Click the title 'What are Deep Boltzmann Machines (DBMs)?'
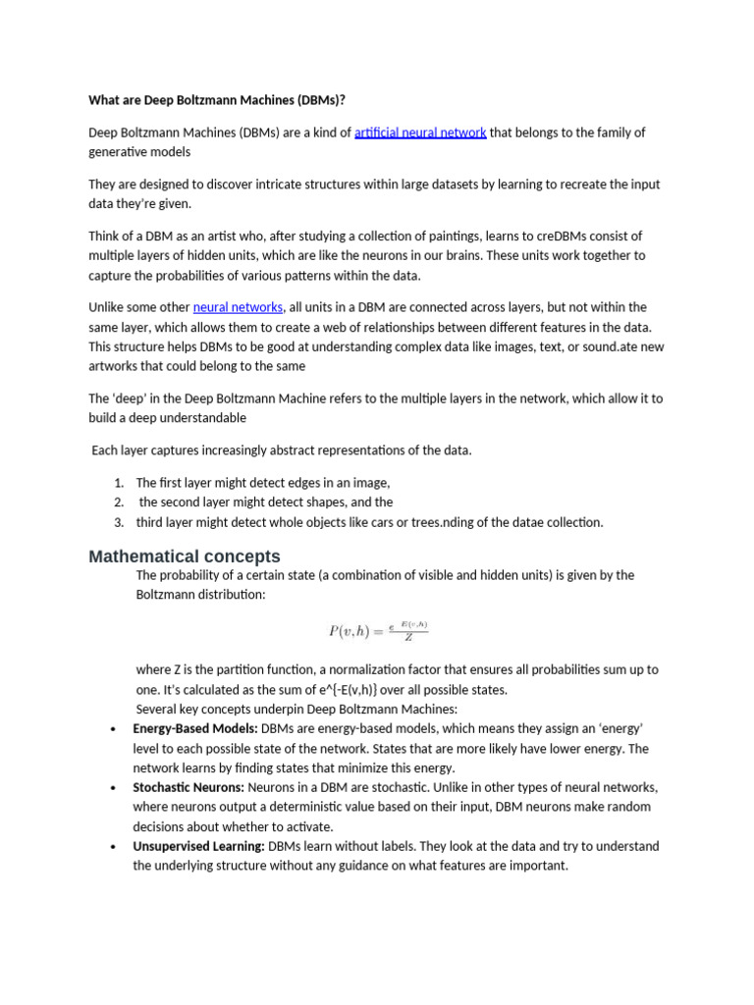217,99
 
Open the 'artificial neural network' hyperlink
420,132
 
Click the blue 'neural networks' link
239,307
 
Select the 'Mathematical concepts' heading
185,556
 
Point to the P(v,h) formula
378,631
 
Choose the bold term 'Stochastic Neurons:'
188,787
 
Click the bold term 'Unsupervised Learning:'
198,846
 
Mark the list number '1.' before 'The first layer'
118,483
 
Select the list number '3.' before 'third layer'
118,522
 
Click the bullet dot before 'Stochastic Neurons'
115,787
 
